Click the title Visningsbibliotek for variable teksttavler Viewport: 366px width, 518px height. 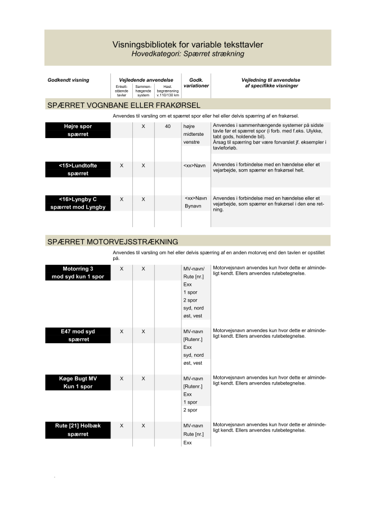click(187, 44)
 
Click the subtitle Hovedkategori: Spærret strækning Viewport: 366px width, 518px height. click(188, 54)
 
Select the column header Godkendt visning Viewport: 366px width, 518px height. click(68, 80)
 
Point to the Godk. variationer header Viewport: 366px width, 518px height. click(195, 83)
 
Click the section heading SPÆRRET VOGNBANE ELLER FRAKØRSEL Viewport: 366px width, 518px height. click(124, 105)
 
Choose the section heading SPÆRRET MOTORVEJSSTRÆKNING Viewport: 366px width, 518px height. click(113, 241)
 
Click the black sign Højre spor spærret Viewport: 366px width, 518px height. click(78, 130)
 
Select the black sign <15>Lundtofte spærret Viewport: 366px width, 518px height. click(78, 170)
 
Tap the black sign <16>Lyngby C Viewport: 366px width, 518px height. click(78, 203)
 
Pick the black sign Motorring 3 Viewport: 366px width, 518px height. click(78, 272)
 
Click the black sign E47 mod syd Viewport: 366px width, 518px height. click(78, 335)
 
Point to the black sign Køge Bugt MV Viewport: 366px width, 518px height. click(78, 382)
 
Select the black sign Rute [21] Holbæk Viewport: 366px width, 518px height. click(78, 430)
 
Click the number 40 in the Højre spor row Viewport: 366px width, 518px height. click(167, 126)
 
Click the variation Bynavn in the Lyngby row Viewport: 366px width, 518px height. click(193, 207)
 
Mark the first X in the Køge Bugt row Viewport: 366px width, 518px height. click(122, 379)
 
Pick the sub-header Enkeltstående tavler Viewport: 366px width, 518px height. click(122, 91)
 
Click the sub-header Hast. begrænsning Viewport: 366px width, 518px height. click(167, 91)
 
